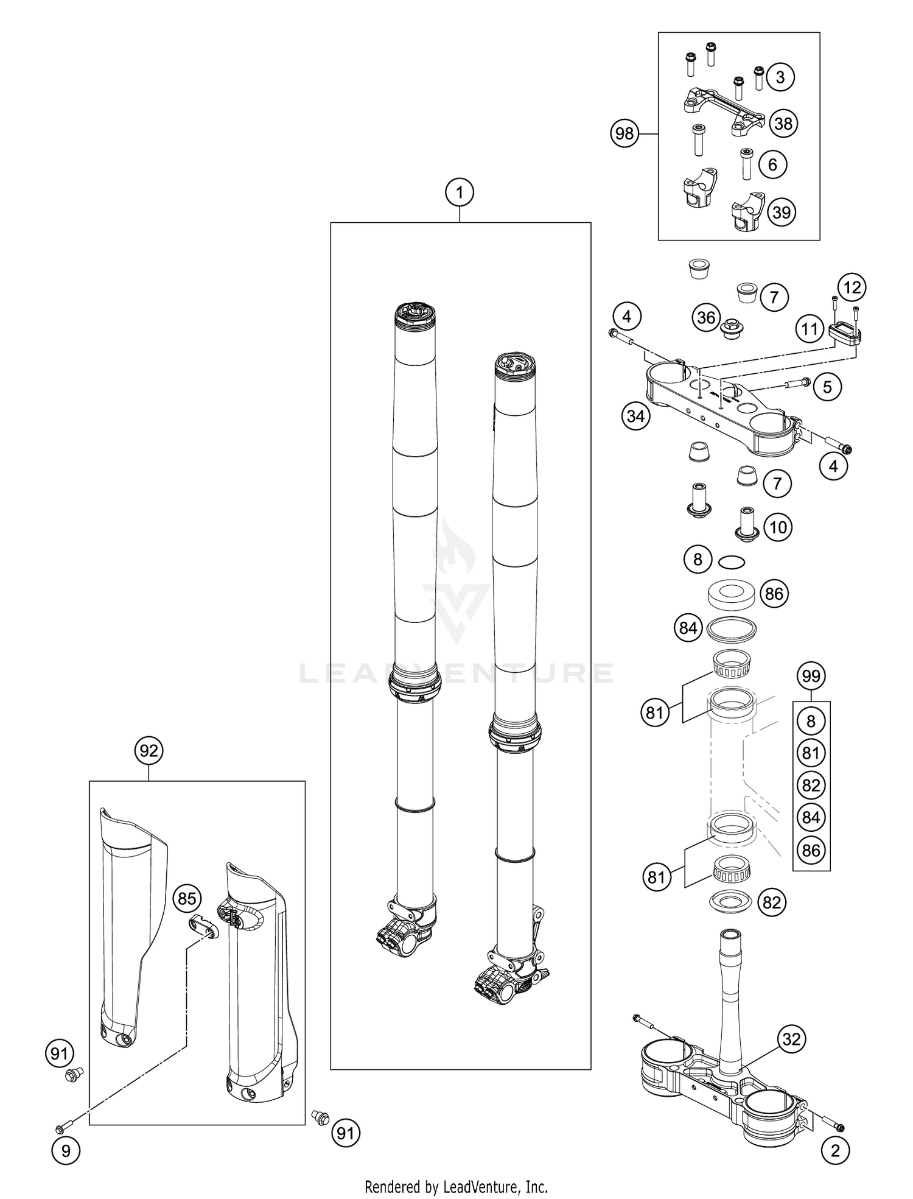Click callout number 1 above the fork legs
pos(460,192)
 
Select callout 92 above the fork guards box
pos(149,751)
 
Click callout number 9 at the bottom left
pos(66,1150)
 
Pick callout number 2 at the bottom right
pos(834,1150)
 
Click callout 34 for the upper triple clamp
pos(635,417)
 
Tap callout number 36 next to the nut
pos(706,317)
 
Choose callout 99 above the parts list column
pos(811,675)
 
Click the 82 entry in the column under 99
pos(811,786)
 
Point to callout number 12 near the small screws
pos(852,287)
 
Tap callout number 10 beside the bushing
pos(778,527)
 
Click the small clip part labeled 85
pos(201,927)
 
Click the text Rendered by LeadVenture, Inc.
pos(456,1186)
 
